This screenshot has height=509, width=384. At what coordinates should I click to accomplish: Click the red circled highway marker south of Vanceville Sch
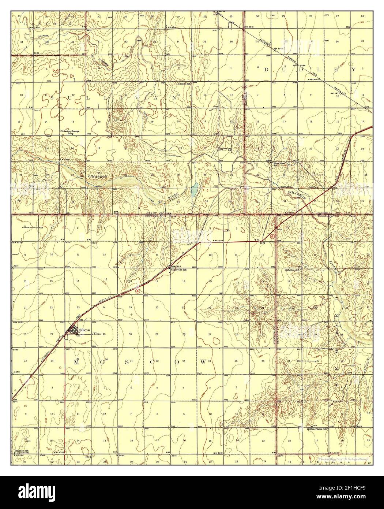pos(137,291)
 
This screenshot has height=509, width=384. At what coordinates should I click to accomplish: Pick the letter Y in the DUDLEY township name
pos(354,69)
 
